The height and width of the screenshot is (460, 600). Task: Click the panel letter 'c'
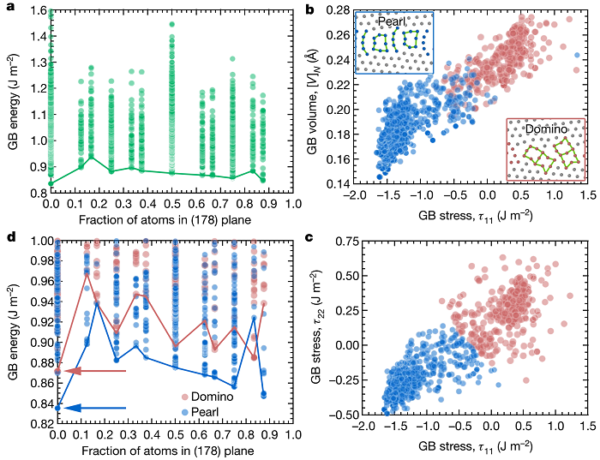pos(309,234)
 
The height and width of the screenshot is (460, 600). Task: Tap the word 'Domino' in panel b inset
pos(547,128)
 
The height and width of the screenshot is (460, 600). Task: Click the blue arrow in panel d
pos(94,408)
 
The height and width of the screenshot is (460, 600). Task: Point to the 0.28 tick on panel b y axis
pos(335,9)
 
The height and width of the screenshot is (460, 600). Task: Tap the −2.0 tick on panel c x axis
pos(350,427)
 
